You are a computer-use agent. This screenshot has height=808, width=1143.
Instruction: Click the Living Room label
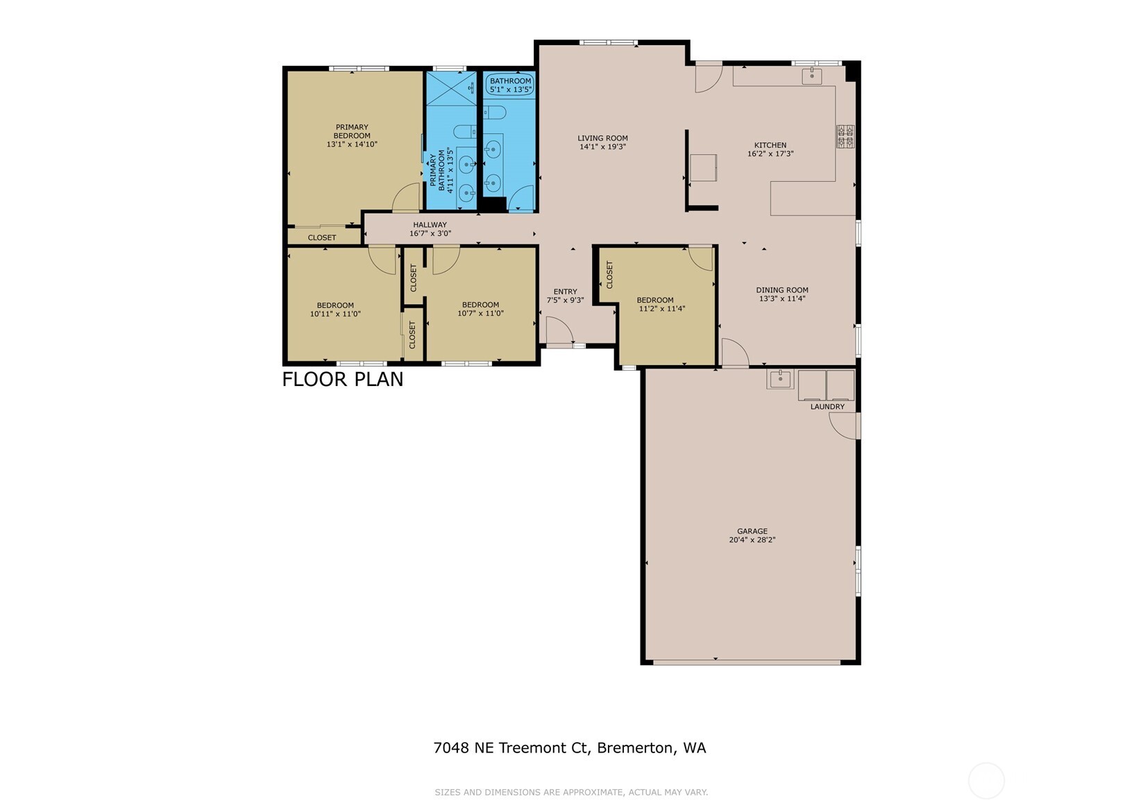602,138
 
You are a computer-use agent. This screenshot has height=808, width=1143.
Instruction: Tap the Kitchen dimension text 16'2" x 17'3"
770,154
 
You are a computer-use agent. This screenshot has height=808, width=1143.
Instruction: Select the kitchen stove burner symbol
845,137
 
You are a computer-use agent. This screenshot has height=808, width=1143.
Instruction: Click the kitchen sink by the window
811,75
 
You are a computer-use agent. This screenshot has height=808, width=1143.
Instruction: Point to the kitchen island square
703,167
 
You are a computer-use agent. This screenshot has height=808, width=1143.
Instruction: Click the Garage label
752,531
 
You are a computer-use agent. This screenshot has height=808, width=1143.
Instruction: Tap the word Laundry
827,407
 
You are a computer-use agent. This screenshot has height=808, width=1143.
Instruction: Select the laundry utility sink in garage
780,379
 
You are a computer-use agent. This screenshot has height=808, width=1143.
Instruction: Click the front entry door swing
558,330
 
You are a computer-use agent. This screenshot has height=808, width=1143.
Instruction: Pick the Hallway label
430,225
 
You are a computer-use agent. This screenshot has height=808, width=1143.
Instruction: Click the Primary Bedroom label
352,131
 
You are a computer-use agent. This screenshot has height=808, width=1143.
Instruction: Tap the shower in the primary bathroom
450,88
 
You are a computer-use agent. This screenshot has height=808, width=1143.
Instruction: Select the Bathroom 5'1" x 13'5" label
510,85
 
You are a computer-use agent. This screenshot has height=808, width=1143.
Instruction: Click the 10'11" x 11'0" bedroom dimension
335,314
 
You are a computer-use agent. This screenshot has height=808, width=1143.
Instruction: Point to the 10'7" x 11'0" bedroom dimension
480,314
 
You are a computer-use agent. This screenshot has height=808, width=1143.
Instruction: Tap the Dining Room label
782,290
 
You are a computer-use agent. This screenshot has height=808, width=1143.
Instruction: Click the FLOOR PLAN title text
342,380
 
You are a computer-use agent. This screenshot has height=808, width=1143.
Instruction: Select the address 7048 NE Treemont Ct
510,748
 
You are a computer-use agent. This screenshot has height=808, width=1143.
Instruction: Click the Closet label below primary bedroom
322,237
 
